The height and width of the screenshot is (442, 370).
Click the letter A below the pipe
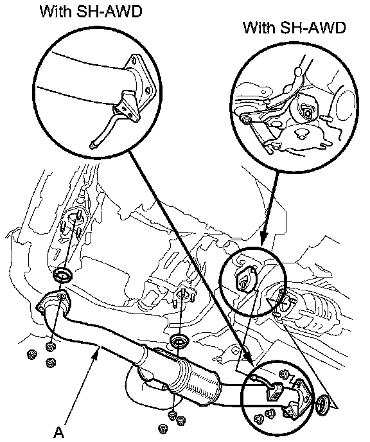(59, 432)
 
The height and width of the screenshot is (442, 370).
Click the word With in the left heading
(56, 12)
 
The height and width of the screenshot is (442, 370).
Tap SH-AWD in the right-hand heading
(313, 28)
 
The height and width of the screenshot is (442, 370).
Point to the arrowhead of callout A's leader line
(96, 351)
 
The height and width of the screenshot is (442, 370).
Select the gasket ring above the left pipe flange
(62, 274)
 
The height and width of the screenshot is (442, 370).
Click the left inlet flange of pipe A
(53, 301)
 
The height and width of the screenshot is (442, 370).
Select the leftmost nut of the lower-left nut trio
(31, 355)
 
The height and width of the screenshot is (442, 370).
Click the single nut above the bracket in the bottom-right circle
(283, 375)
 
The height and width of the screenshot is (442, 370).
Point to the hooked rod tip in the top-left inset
(93, 145)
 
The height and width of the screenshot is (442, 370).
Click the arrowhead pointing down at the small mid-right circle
(263, 239)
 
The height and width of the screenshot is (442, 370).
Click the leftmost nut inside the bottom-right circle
(258, 419)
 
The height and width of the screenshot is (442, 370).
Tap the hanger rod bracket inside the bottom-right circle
(274, 391)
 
